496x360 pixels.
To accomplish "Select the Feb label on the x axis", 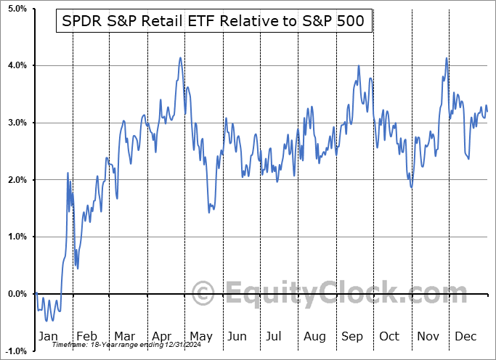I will [x=86, y=336].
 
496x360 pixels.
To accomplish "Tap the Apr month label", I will [x=163, y=336].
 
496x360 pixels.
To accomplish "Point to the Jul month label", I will [x=275, y=336].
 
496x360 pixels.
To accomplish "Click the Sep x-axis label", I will [x=351, y=336].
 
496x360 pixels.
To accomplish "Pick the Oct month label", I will [x=389, y=336].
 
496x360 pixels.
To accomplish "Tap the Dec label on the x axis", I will [x=465, y=336].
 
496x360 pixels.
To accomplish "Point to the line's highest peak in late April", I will [x=180, y=58].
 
